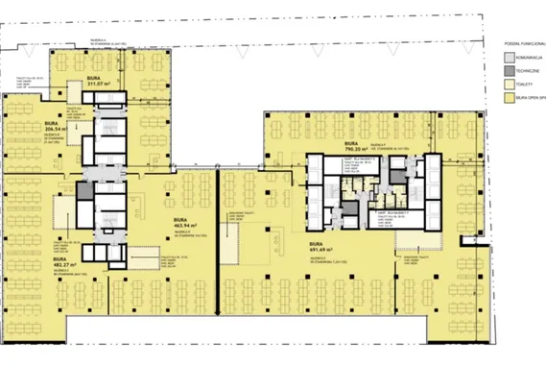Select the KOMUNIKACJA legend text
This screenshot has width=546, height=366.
click(531, 57)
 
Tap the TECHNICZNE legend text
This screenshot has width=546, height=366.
click(530, 70)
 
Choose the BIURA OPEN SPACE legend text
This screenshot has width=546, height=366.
click(531, 98)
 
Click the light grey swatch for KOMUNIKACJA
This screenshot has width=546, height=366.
click(510, 57)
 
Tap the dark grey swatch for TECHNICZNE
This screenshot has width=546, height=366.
click(510, 70)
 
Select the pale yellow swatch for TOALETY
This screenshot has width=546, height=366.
click(510, 84)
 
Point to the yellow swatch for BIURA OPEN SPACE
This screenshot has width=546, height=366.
click(510, 98)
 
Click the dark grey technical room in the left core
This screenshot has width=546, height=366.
click(85, 191)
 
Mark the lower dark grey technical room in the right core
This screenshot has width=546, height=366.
click(350, 208)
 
